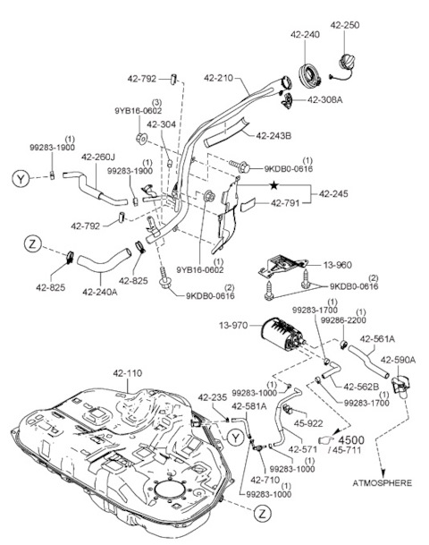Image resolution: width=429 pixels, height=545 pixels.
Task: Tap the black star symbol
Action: click(x=274, y=185)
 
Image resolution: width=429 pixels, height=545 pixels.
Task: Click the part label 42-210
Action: click(x=221, y=78)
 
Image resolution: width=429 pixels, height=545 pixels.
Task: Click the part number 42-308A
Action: click(x=328, y=100)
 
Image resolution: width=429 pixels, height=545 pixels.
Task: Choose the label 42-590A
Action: click(x=398, y=359)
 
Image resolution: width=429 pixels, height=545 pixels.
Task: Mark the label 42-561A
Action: click(x=376, y=339)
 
